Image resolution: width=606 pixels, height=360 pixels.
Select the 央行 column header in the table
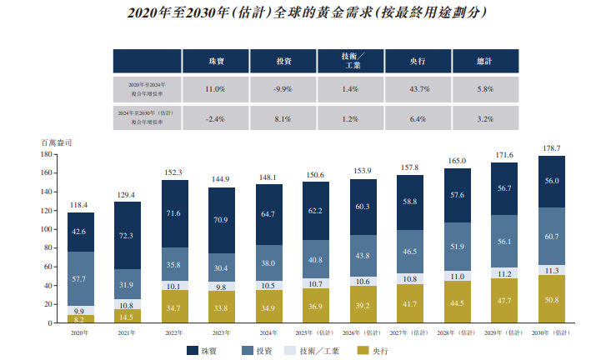(x=418, y=60)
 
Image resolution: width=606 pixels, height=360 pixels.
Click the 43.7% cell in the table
(x=418, y=88)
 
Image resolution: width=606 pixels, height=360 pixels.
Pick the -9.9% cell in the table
(x=283, y=88)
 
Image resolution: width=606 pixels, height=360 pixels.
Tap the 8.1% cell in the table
(x=283, y=118)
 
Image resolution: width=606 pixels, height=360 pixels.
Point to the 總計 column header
(x=485, y=60)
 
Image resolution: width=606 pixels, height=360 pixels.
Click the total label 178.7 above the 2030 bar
(x=551, y=147)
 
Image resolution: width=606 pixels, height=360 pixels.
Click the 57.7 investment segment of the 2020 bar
(x=81, y=278)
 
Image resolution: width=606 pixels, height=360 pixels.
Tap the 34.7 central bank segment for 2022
(x=174, y=307)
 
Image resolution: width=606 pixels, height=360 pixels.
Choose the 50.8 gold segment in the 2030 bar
(x=551, y=300)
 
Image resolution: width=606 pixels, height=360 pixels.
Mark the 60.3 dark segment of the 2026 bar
(x=363, y=206)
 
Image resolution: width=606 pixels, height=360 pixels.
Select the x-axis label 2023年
(x=221, y=332)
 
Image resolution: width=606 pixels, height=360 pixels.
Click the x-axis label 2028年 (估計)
(x=457, y=332)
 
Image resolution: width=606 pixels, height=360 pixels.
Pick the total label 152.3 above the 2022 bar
(x=174, y=172)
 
